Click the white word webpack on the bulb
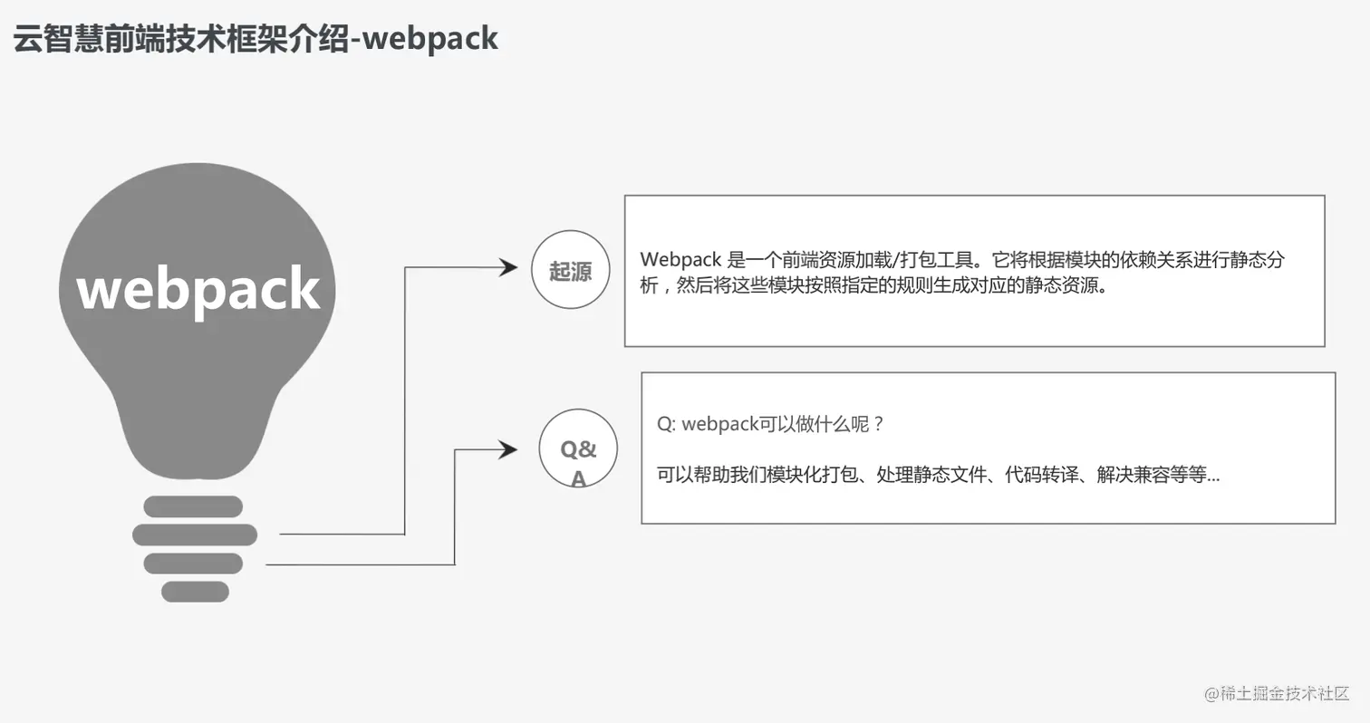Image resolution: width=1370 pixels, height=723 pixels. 198,289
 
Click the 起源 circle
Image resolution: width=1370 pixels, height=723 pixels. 570,270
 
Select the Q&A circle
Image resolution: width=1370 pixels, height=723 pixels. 578,449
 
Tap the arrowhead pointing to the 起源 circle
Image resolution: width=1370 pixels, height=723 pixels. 507,267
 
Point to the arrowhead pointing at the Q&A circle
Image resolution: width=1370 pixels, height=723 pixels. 507,449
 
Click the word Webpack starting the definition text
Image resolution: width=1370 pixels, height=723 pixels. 680,260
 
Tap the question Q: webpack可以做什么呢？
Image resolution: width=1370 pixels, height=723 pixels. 770,424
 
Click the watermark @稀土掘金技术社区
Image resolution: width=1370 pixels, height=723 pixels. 1277,693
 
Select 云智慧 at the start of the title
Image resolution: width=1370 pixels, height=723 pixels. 43,38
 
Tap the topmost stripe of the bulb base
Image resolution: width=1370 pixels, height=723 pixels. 193,506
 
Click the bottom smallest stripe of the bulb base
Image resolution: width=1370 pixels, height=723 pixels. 195,592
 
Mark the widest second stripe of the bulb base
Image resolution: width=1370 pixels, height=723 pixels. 195,535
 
